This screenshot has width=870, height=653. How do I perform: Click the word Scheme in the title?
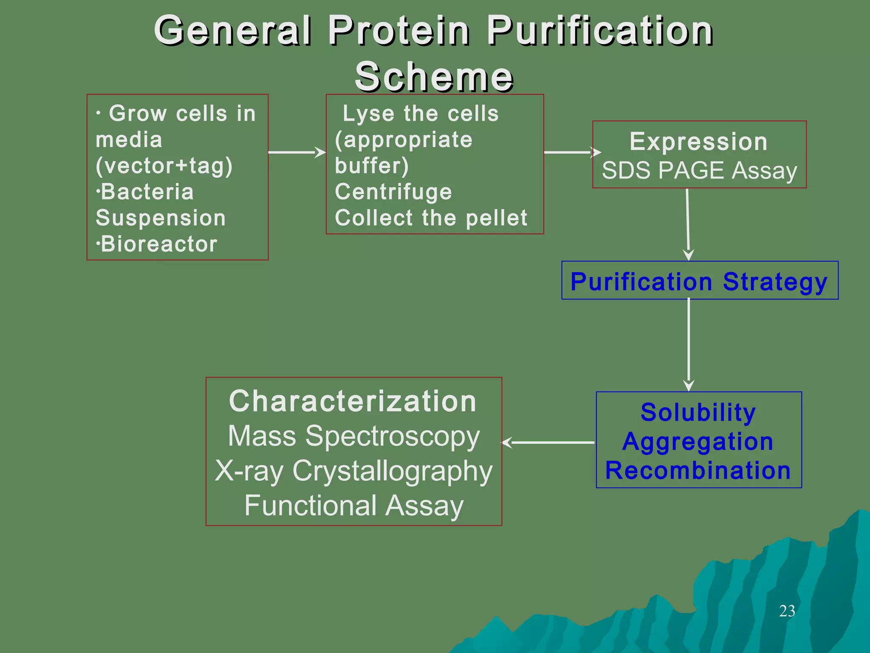coord(434,77)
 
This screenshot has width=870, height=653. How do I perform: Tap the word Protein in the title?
coord(399,31)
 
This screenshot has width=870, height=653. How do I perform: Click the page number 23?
coord(787,611)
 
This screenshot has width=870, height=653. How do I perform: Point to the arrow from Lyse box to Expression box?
coord(571,152)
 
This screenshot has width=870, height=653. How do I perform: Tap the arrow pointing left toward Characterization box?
coord(548,443)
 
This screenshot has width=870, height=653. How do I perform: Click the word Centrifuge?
coord(393,192)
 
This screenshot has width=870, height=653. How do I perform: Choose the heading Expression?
coord(698,142)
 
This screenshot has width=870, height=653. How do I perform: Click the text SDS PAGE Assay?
coord(699,171)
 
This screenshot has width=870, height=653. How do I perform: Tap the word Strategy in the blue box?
coord(775,282)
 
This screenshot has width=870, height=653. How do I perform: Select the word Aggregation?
coord(698,441)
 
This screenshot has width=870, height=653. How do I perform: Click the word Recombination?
coord(698,471)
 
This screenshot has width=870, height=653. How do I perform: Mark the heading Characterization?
coord(353,401)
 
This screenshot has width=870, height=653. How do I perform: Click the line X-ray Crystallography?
coord(353,471)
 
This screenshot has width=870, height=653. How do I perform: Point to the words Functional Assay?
coord(353,506)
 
